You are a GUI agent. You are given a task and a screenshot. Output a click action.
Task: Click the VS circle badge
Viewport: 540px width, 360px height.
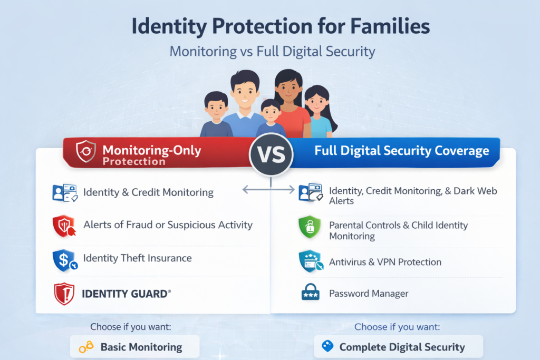tap(271, 154)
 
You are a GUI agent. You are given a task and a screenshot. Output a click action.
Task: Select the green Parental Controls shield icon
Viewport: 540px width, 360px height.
tap(309, 228)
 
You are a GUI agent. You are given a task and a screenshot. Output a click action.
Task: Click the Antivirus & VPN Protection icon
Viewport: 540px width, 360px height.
tap(310, 261)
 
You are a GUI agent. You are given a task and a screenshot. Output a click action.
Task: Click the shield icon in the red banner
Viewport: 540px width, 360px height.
tap(86, 152)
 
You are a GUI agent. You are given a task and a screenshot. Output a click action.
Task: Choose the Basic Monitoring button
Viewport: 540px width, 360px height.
tap(134, 347)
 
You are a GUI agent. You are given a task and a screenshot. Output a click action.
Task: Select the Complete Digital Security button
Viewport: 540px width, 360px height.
tap(398, 347)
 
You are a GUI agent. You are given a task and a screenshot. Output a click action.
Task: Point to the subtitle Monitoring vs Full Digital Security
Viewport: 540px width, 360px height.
tap(272, 52)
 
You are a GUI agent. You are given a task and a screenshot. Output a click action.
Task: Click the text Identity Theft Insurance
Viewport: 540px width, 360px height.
tap(137, 258)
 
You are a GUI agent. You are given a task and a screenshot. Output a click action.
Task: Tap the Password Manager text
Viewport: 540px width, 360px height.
tap(369, 294)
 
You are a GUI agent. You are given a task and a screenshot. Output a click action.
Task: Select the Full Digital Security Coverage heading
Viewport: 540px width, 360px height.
tap(401, 151)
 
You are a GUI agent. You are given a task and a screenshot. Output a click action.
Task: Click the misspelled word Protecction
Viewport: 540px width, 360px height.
tap(134, 161)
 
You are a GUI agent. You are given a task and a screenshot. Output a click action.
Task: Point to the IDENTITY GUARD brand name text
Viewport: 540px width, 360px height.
tap(126, 294)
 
